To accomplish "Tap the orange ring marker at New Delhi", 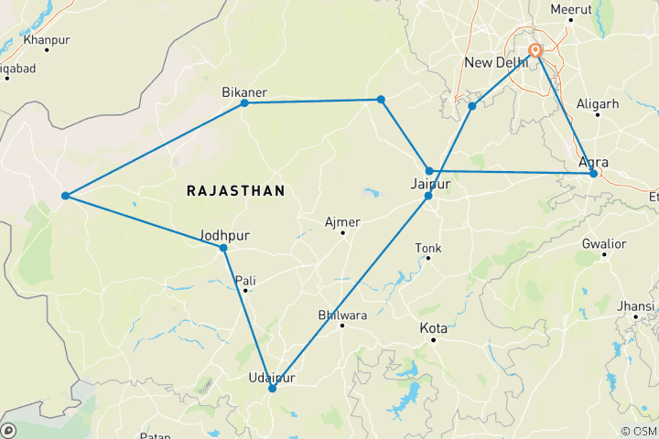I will click(535, 51).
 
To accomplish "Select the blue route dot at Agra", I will click(594, 173).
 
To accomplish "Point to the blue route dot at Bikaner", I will click(244, 103).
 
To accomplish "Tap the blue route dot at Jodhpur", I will click(223, 248).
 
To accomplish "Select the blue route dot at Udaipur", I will click(272, 389).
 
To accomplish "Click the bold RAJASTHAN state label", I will click(235, 190).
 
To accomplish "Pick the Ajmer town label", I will click(343, 222).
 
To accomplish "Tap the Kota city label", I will click(433, 327).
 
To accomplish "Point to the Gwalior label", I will click(603, 244).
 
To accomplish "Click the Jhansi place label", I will click(636, 305).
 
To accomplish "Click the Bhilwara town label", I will click(341, 316).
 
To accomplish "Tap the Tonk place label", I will click(428, 248).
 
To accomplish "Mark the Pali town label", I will click(245, 280).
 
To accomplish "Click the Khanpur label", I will click(47, 40).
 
